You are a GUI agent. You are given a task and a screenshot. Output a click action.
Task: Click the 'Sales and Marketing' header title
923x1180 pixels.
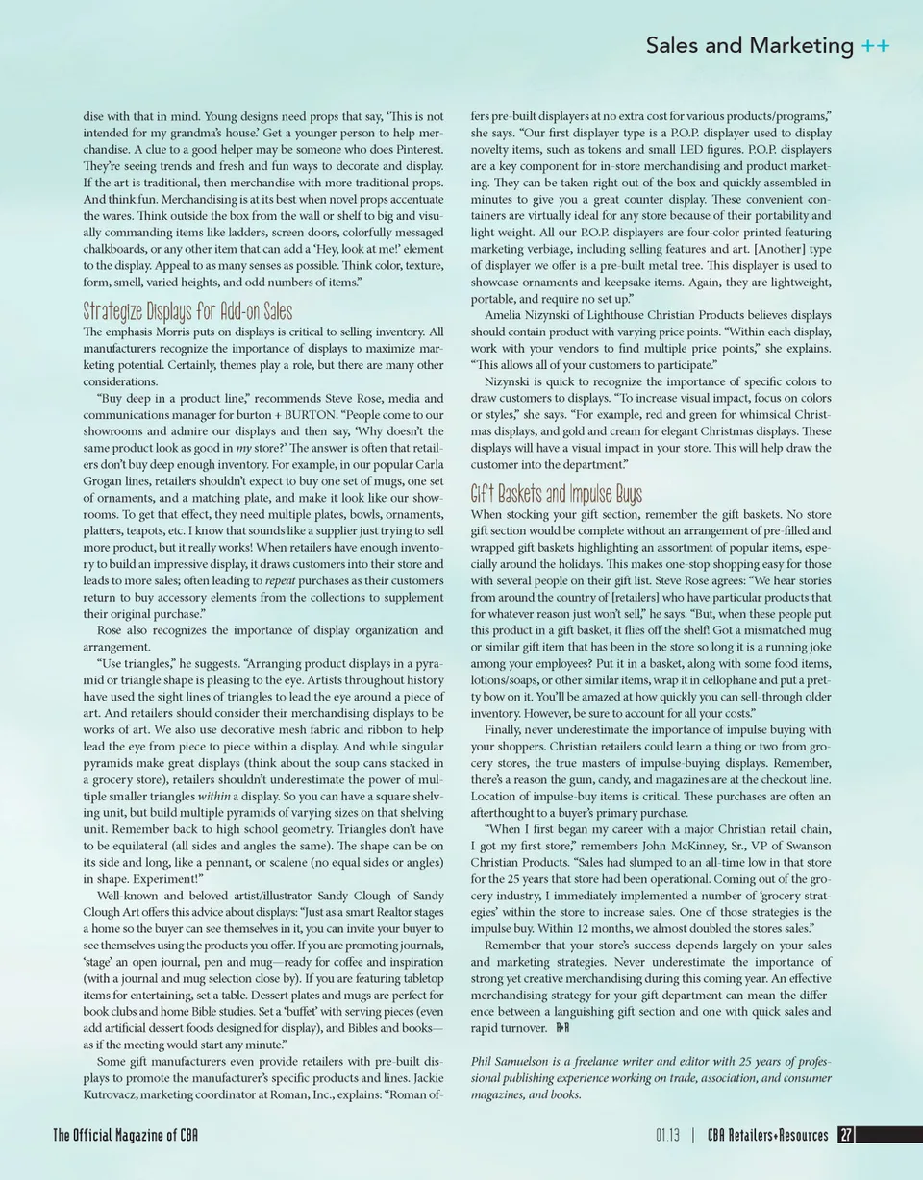click(x=749, y=45)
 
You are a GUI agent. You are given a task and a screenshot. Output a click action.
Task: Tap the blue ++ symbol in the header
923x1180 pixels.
click(x=875, y=45)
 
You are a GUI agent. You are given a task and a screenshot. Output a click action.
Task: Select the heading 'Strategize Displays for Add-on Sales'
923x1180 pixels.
click(x=187, y=312)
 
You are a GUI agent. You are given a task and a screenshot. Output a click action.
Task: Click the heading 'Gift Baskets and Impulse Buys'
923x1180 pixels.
click(x=556, y=495)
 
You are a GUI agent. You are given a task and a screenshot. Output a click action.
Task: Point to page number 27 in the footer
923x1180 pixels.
click(x=846, y=1136)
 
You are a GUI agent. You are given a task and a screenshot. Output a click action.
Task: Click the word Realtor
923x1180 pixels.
click(x=363, y=912)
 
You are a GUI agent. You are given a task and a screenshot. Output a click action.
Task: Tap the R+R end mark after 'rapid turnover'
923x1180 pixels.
click(x=563, y=1028)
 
